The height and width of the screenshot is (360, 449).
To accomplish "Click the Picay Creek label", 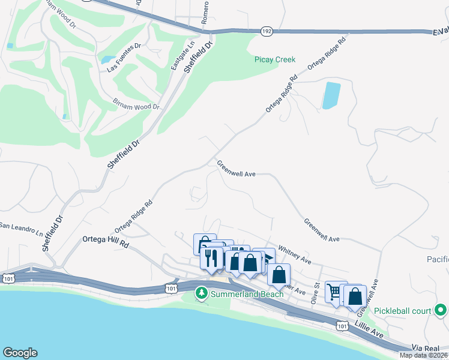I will pos(276,59).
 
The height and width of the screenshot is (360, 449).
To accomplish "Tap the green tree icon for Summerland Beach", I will pos(202,293).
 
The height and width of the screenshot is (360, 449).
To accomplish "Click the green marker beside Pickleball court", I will pos(441,311).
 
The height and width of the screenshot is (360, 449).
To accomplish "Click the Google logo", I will pos(20,353).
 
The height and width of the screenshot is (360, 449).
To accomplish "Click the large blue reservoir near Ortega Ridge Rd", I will pos(331,95).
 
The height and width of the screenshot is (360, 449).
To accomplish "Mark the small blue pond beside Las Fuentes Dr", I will pos(109,59).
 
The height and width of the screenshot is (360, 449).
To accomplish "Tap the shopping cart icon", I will pos(334,292).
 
